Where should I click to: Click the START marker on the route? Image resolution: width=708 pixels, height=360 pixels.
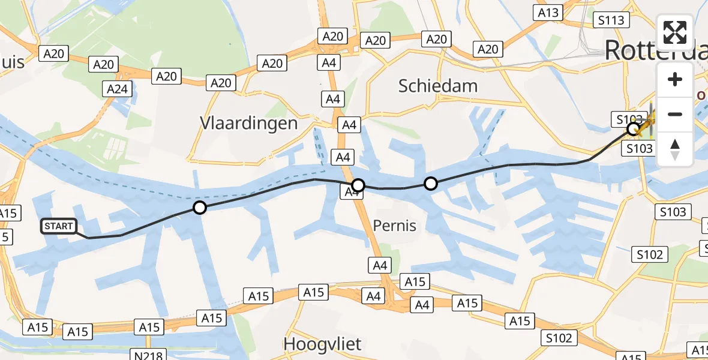click(59, 226)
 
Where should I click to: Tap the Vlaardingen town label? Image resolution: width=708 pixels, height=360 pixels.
click(249, 124)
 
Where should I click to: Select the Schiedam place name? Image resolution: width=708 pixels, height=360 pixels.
click(438, 86)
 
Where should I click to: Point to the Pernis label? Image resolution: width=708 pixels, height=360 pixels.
click(395, 226)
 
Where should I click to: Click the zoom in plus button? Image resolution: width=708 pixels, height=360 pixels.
click(675, 79)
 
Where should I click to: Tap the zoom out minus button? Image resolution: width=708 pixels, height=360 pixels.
click(675, 114)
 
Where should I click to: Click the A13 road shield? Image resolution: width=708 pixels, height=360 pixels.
click(548, 13)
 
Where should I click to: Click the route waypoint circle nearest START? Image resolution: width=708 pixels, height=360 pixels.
click(199, 208)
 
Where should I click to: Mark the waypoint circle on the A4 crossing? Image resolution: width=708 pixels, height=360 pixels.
click(358, 185)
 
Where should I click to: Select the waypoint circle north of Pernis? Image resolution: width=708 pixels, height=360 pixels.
click(431, 184)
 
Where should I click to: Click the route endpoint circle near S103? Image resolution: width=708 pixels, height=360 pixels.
click(633, 128)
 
